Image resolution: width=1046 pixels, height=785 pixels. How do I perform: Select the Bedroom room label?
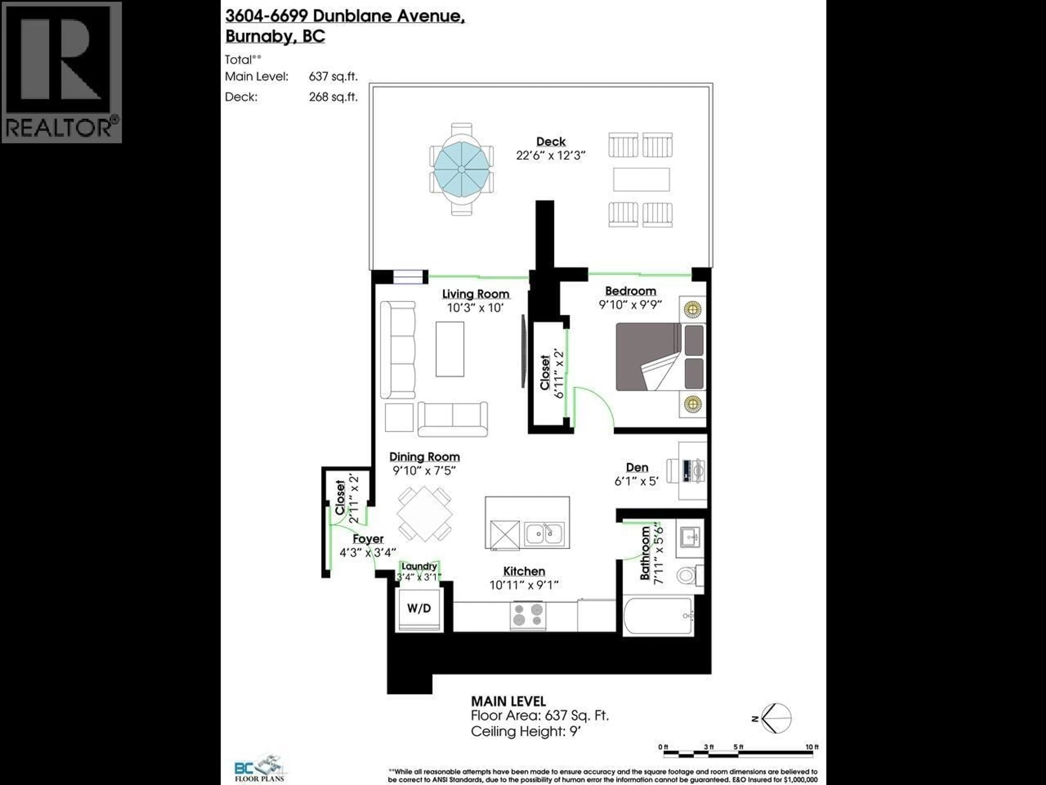pyautogui.click(x=630, y=291)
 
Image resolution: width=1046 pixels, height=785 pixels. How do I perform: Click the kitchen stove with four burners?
pyautogui.click(x=528, y=615)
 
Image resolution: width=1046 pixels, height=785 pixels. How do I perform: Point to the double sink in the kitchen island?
pyautogui.click(x=544, y=534)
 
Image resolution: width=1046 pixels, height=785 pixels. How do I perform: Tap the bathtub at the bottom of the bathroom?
pyautogui.click(x=659, y=616)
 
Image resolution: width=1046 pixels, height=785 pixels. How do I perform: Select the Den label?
pyautogui.click(x=637, y=467)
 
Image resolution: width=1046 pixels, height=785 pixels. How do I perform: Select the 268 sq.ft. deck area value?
pyautogui.click(x=333, y=97)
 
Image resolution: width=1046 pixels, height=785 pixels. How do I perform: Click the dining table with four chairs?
pyautogui.click(x=424, y=514)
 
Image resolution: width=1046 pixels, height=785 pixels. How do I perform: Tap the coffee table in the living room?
pyautogui.click(x=450, y=349)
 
